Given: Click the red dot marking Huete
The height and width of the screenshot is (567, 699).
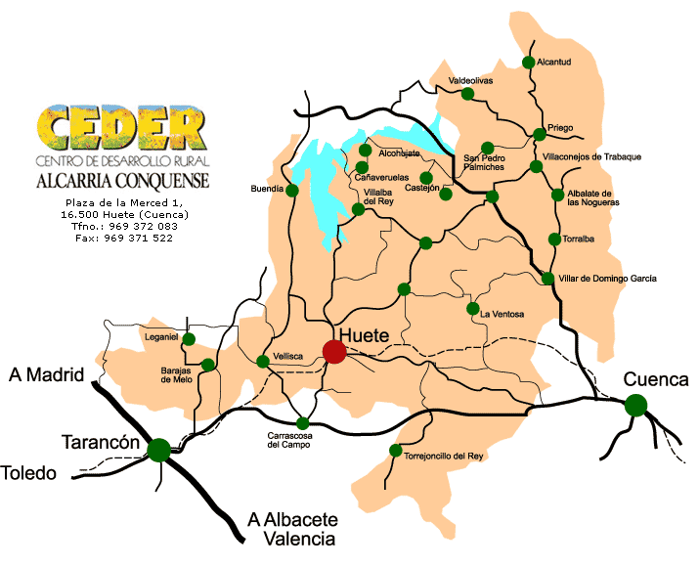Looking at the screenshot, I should tap(334, 351).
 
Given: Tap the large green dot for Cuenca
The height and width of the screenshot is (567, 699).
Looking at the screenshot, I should tap(636, 404).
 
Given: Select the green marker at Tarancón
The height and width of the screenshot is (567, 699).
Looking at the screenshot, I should tap(158, 450).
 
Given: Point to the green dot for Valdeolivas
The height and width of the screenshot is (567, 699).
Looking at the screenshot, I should tap(467, 94).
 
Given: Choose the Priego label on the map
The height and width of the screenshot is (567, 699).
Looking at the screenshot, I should tap(560, 128).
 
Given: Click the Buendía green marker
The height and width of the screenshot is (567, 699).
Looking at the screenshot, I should tap(291, 191).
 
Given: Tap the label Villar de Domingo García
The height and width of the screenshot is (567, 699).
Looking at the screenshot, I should tap(607, 279).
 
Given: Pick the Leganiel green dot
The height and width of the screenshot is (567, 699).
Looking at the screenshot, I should tap(190, 339).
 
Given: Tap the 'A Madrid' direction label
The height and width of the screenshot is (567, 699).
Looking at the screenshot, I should tap(43, 375).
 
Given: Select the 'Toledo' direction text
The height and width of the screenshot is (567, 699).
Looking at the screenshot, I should tap(28, 473).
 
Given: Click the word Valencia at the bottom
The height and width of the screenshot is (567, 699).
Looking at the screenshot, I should tap(291, 538).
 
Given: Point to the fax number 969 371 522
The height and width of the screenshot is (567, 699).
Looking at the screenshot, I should tap(123, 238).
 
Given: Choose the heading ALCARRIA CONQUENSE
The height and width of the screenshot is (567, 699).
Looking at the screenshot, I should tap(122, 181).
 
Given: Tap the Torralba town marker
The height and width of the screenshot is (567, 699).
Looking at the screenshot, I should tap(554, 240).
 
